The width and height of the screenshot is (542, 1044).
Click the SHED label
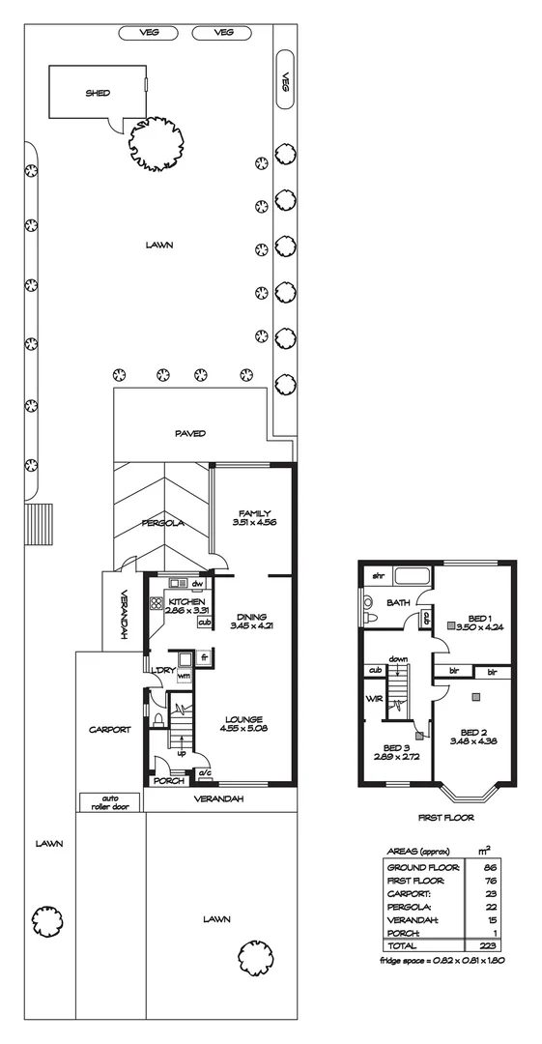[x=97, y=94]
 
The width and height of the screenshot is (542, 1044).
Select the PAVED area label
[x=190, y=434]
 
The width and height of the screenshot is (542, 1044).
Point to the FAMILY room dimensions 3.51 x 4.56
[x=255, y=522]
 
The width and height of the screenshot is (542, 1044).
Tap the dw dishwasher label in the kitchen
[x=197, y=585]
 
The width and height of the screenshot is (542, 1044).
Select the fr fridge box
[x=204, y=658]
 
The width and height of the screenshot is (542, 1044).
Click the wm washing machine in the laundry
[x=184, y=677]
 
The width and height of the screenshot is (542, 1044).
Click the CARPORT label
[x=108, y=730]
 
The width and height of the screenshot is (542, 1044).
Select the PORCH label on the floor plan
[x=169, y=781]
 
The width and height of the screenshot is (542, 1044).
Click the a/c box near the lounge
[x=204, y=773]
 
